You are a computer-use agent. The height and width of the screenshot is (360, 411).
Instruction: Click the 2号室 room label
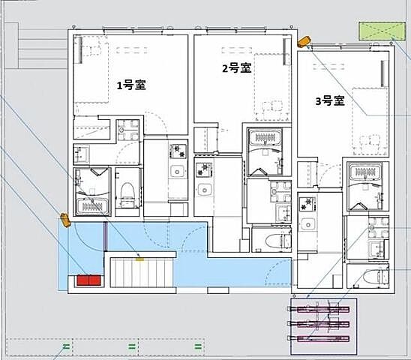point(235,68)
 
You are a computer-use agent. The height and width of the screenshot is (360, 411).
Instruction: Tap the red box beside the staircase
point(88,280)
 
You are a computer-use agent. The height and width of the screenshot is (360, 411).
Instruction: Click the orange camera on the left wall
point(64,220)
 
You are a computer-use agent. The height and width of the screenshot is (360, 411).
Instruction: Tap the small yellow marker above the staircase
point(139,259)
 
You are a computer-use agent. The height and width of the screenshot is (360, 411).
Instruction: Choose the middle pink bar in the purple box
point(322,323)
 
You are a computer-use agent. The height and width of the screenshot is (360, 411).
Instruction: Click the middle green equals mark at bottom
point(131,346)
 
